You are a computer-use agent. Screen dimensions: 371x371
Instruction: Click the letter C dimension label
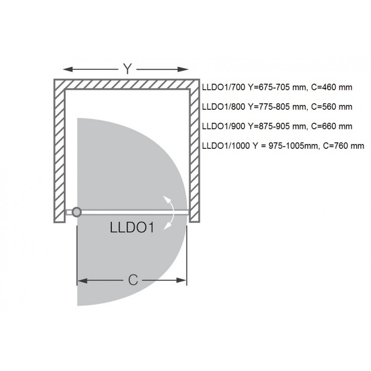(133, 280)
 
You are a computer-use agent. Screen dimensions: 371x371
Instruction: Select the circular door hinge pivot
(76, 212)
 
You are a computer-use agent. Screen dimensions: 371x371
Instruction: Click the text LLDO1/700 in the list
(223, 88)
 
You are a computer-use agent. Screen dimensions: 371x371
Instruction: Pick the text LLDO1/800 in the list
(223, 106)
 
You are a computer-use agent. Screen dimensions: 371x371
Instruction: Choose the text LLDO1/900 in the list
(223, 126)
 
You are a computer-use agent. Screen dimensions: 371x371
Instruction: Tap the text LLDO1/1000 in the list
(225, 146)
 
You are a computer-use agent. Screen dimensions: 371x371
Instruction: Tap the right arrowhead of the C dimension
(183, 281)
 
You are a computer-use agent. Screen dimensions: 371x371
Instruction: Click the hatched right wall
(195, 153)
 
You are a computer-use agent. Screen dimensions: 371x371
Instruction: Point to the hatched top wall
(127, 84)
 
